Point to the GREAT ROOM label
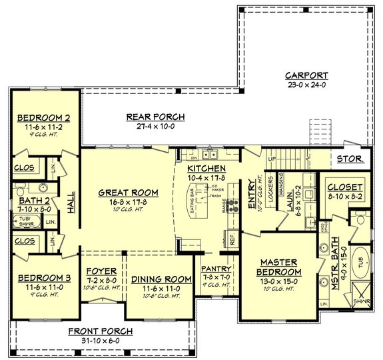128,192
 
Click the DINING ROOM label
157,279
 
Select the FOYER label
102,271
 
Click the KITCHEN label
206,169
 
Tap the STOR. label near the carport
350,159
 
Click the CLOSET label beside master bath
344,188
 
